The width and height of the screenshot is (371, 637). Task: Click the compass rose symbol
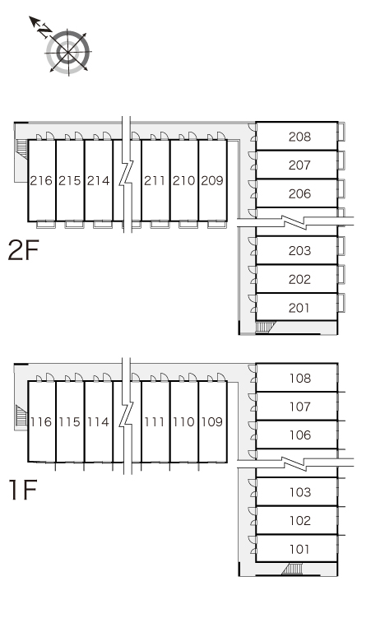point(67,52)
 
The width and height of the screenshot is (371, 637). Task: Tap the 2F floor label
point(23,250)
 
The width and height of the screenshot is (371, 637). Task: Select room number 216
point(41,180)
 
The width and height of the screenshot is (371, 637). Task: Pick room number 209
point(212,180)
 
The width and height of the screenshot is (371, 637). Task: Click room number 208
point(299,137)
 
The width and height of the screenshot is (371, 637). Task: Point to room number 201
point(299,308)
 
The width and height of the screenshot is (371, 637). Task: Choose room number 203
point(299,251)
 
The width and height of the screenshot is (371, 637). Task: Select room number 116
point(41,422)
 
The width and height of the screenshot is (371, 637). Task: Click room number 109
point(212,422)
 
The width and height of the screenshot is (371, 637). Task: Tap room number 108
point(300,379)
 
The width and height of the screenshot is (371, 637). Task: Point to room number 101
point(299,549)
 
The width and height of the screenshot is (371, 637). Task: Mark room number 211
point(155,180)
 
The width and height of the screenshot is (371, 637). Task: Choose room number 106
point(300,435)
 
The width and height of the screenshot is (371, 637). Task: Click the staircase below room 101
point(293,569)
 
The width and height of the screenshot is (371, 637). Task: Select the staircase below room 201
point(265,327)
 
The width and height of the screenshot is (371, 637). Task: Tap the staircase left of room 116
point(21,416)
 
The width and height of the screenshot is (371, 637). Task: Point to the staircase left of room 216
point(21,149)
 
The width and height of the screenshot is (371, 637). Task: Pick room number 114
point(98,422)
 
